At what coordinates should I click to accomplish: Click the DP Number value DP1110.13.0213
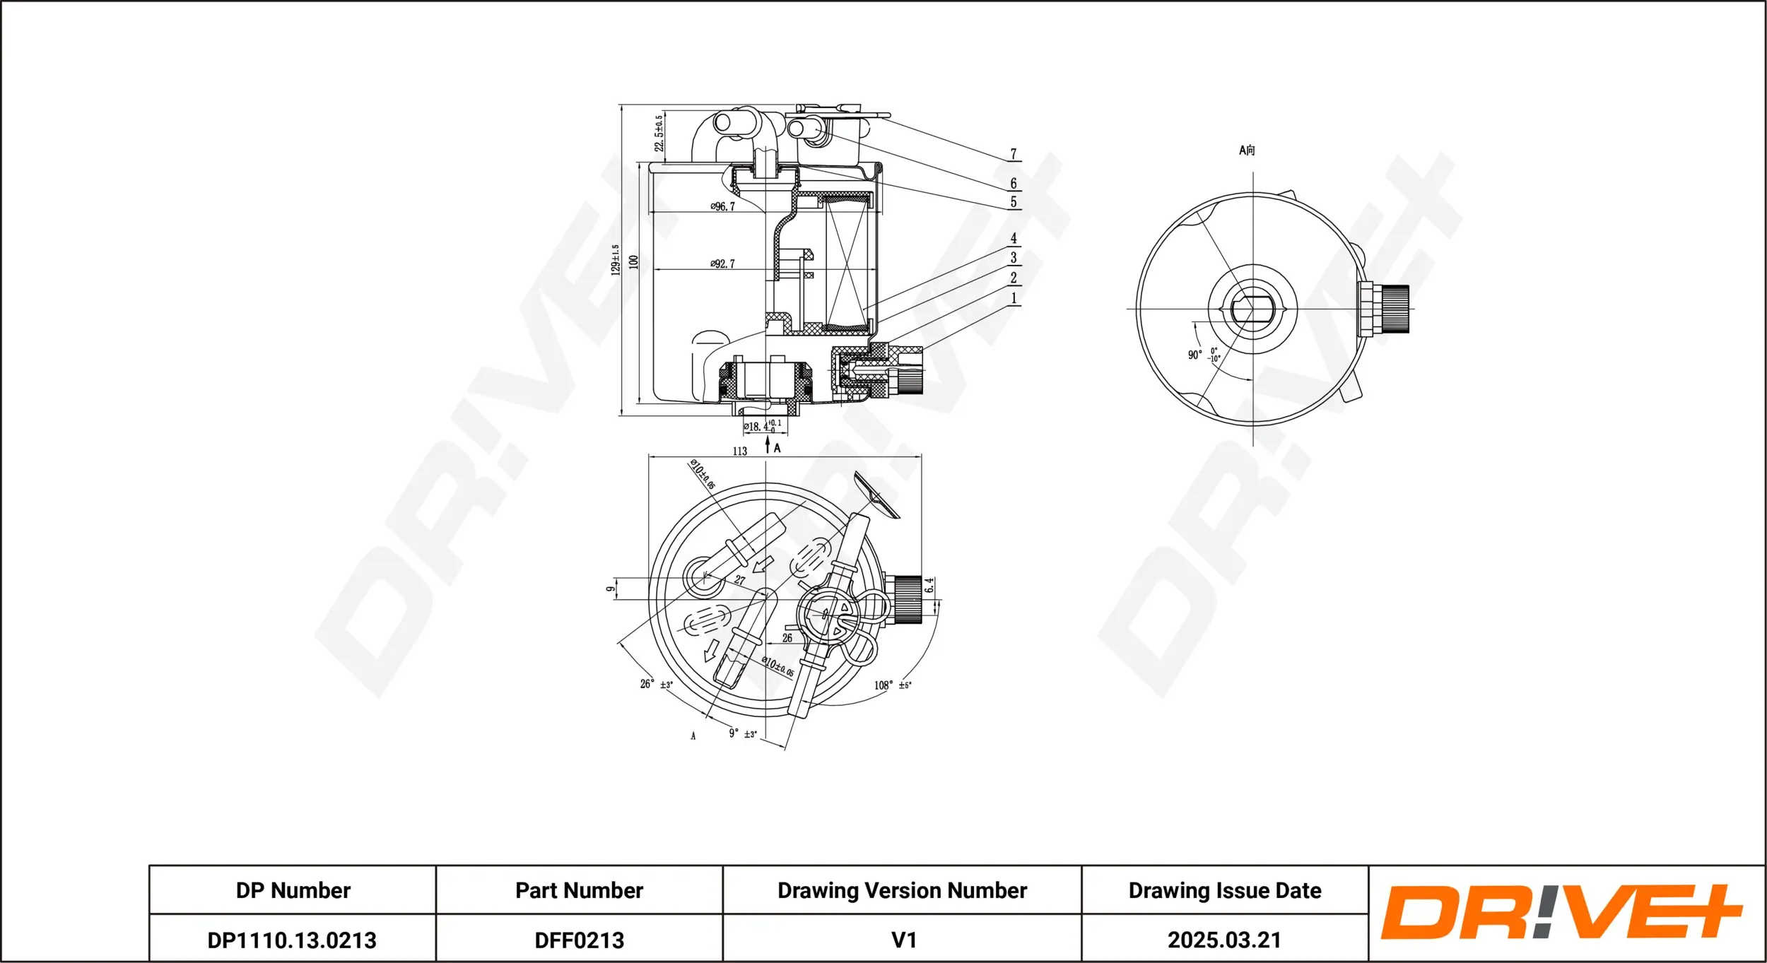pyautogui.click(x=292, y=940)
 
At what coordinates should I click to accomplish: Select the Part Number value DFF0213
pyautogui.click(x=580, y=940)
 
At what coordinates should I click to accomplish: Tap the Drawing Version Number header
pyautogui.click(x=902, y=891)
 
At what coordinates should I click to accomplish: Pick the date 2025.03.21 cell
pyautogui.click(x=1224, y=940)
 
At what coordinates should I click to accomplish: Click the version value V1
pyautogui.click(x=904, y=940)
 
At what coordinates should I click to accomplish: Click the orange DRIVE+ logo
pyautogui.click(x=1562, y=912)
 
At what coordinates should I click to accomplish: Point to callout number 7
pyautogui.click(x=1014, y=154)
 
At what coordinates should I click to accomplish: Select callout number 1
pyautogui.click(x=1014, y=298)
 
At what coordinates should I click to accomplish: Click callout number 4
pyautogui.click(x=1014, y=239)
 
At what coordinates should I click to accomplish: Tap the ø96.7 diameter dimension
pyautogui.click(x=722, y=206)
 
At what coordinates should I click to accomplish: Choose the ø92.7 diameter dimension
pyautogui.click(x=722, y=264)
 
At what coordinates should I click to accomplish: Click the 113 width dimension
pyautogui.click(x=740, y=451)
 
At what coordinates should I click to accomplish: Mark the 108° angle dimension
pyautogui.click(x=893, y=685)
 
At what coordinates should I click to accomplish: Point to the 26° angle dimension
pyautogui.click(x=657, y=684)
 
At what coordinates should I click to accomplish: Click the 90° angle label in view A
pyautogui.click(x=1194, y=355)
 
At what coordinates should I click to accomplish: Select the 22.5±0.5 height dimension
pyautogui.click(x=659, y=133)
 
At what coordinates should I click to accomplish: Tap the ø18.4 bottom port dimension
pyautogui.click(x=763, y=426)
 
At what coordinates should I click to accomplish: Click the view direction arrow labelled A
pyautogui.click(x=768, y=444)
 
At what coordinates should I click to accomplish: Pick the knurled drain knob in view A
pyautogui.click(x=1394, y=309)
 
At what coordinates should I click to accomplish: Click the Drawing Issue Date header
pyautogui.click(x=1225, y=891)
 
